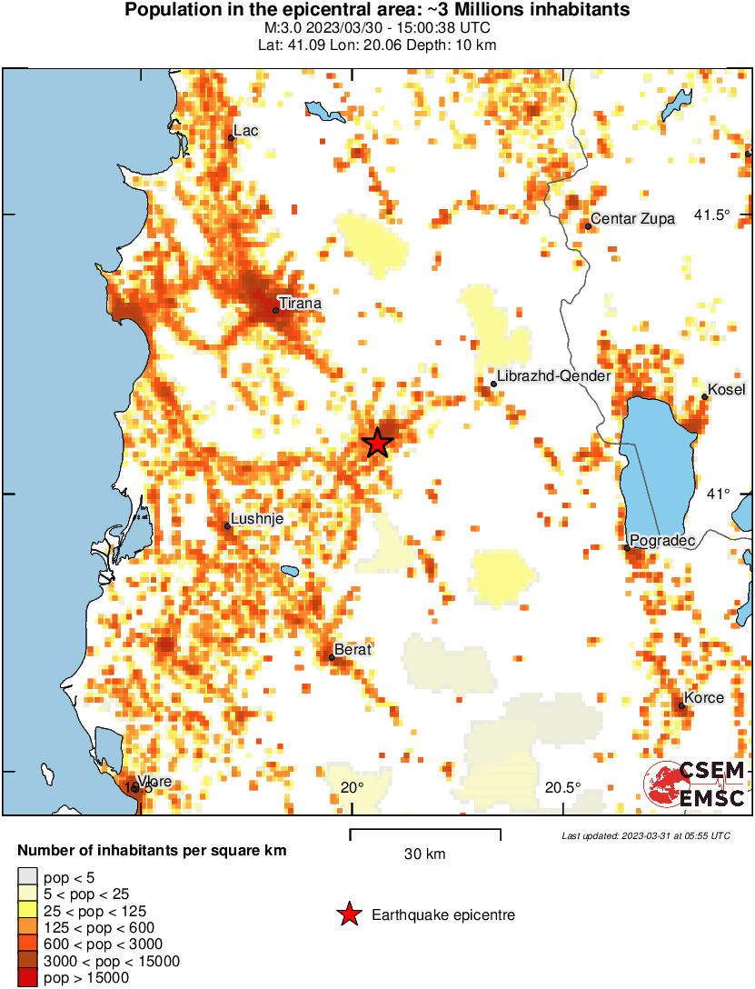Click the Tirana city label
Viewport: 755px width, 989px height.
300,303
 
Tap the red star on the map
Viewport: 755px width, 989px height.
377,443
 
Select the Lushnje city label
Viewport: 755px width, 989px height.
257,519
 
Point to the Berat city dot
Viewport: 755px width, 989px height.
332,657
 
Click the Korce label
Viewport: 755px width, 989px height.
704,697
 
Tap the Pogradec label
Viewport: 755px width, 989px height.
662,541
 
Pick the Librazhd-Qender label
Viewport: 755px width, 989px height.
553,376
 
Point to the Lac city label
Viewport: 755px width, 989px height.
245,131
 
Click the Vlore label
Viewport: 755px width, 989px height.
154,782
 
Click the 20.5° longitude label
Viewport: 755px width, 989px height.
563,787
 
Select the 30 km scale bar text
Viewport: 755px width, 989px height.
425,854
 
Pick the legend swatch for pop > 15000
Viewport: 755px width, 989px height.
27,978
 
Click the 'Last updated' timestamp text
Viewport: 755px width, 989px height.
645,835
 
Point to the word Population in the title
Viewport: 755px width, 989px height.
168,11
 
